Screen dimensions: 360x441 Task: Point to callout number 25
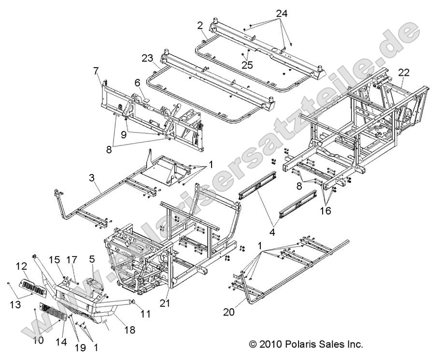pyautogui.click(x=247, y=65)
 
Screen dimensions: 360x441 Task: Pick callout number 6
pyautogui.click(x=137, y=83)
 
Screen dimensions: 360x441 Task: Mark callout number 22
pyautogui.click(x=403, y=72)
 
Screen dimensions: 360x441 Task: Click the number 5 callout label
pyautogui.click(x=91, y=259)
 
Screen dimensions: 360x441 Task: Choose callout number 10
pyautogui.click(x=39, y=340)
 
